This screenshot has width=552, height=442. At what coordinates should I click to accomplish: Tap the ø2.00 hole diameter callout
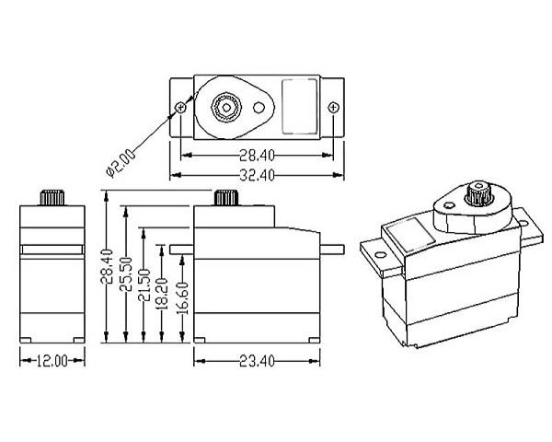pyautogui.click(x=122, y=157)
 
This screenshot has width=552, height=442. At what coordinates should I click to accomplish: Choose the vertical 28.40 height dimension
pyautogui.click(x=109, y=267)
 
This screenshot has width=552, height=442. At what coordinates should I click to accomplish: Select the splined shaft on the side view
pyautogui.click(x=224, y=197)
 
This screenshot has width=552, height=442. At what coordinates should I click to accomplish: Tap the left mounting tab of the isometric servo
pyautogui.click(x=375, y=253)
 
